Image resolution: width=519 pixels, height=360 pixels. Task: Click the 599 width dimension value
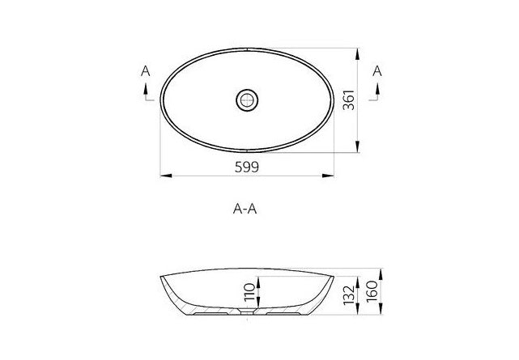[248, 167]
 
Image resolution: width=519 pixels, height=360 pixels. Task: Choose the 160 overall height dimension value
[372, 291]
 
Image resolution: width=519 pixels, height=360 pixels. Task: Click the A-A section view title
[246, 209]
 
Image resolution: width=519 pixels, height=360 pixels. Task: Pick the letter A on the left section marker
[145, 72]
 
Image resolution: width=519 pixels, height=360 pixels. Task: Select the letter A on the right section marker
[376, 72]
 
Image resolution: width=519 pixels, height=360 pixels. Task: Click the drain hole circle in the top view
[247, 100]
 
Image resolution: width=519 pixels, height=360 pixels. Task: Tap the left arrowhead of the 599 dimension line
[162, 176]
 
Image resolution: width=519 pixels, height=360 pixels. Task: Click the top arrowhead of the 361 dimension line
[359, 51]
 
